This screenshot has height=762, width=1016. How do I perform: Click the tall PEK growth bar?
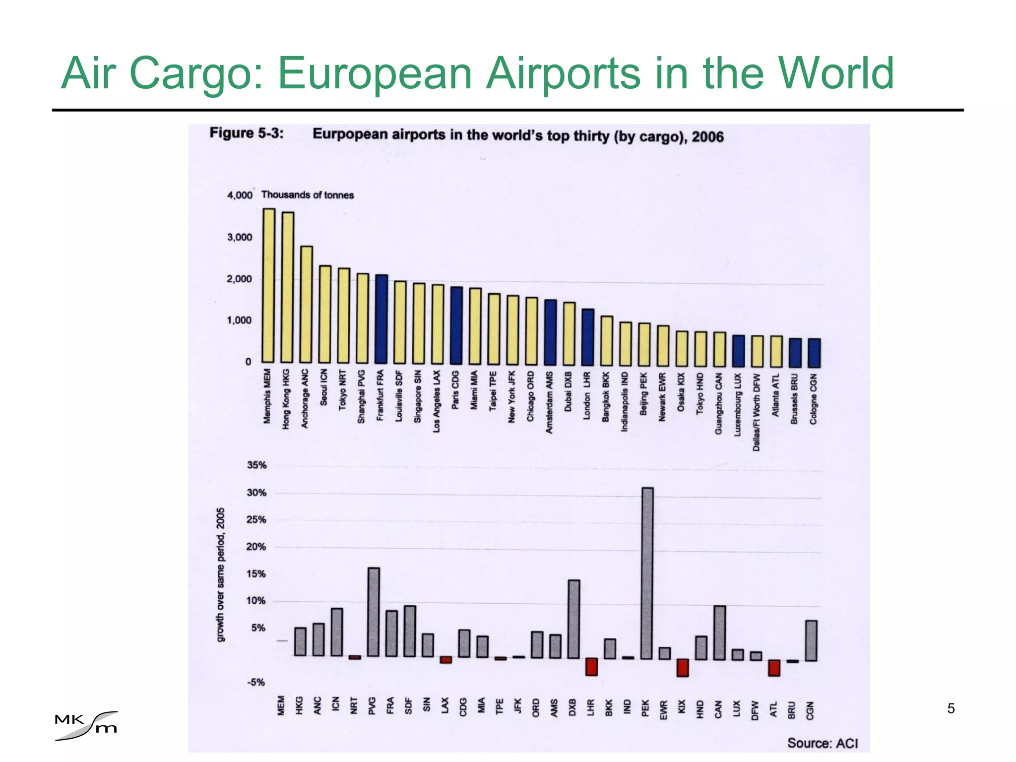pos(647,573)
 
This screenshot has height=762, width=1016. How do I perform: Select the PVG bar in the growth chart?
pos(374,612)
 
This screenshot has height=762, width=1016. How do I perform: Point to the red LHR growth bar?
pos(591,666)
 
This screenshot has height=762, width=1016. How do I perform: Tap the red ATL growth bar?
pos(774,667)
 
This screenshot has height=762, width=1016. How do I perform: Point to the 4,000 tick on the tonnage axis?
pos(240,195)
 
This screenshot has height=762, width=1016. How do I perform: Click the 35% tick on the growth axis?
pos(256,465)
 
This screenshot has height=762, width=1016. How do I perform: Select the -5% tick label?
pos(256,683)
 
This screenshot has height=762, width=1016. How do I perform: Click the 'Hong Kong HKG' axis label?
pos(286,399)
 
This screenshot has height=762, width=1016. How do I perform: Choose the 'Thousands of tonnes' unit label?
pos(308,195)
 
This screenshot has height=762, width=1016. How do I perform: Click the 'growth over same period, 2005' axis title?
pos(221,574)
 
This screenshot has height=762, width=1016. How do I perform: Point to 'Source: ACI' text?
pos(822,743)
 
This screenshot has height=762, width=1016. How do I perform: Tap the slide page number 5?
pos(951,708)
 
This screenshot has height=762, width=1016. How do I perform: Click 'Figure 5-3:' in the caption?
pos(247,133)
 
